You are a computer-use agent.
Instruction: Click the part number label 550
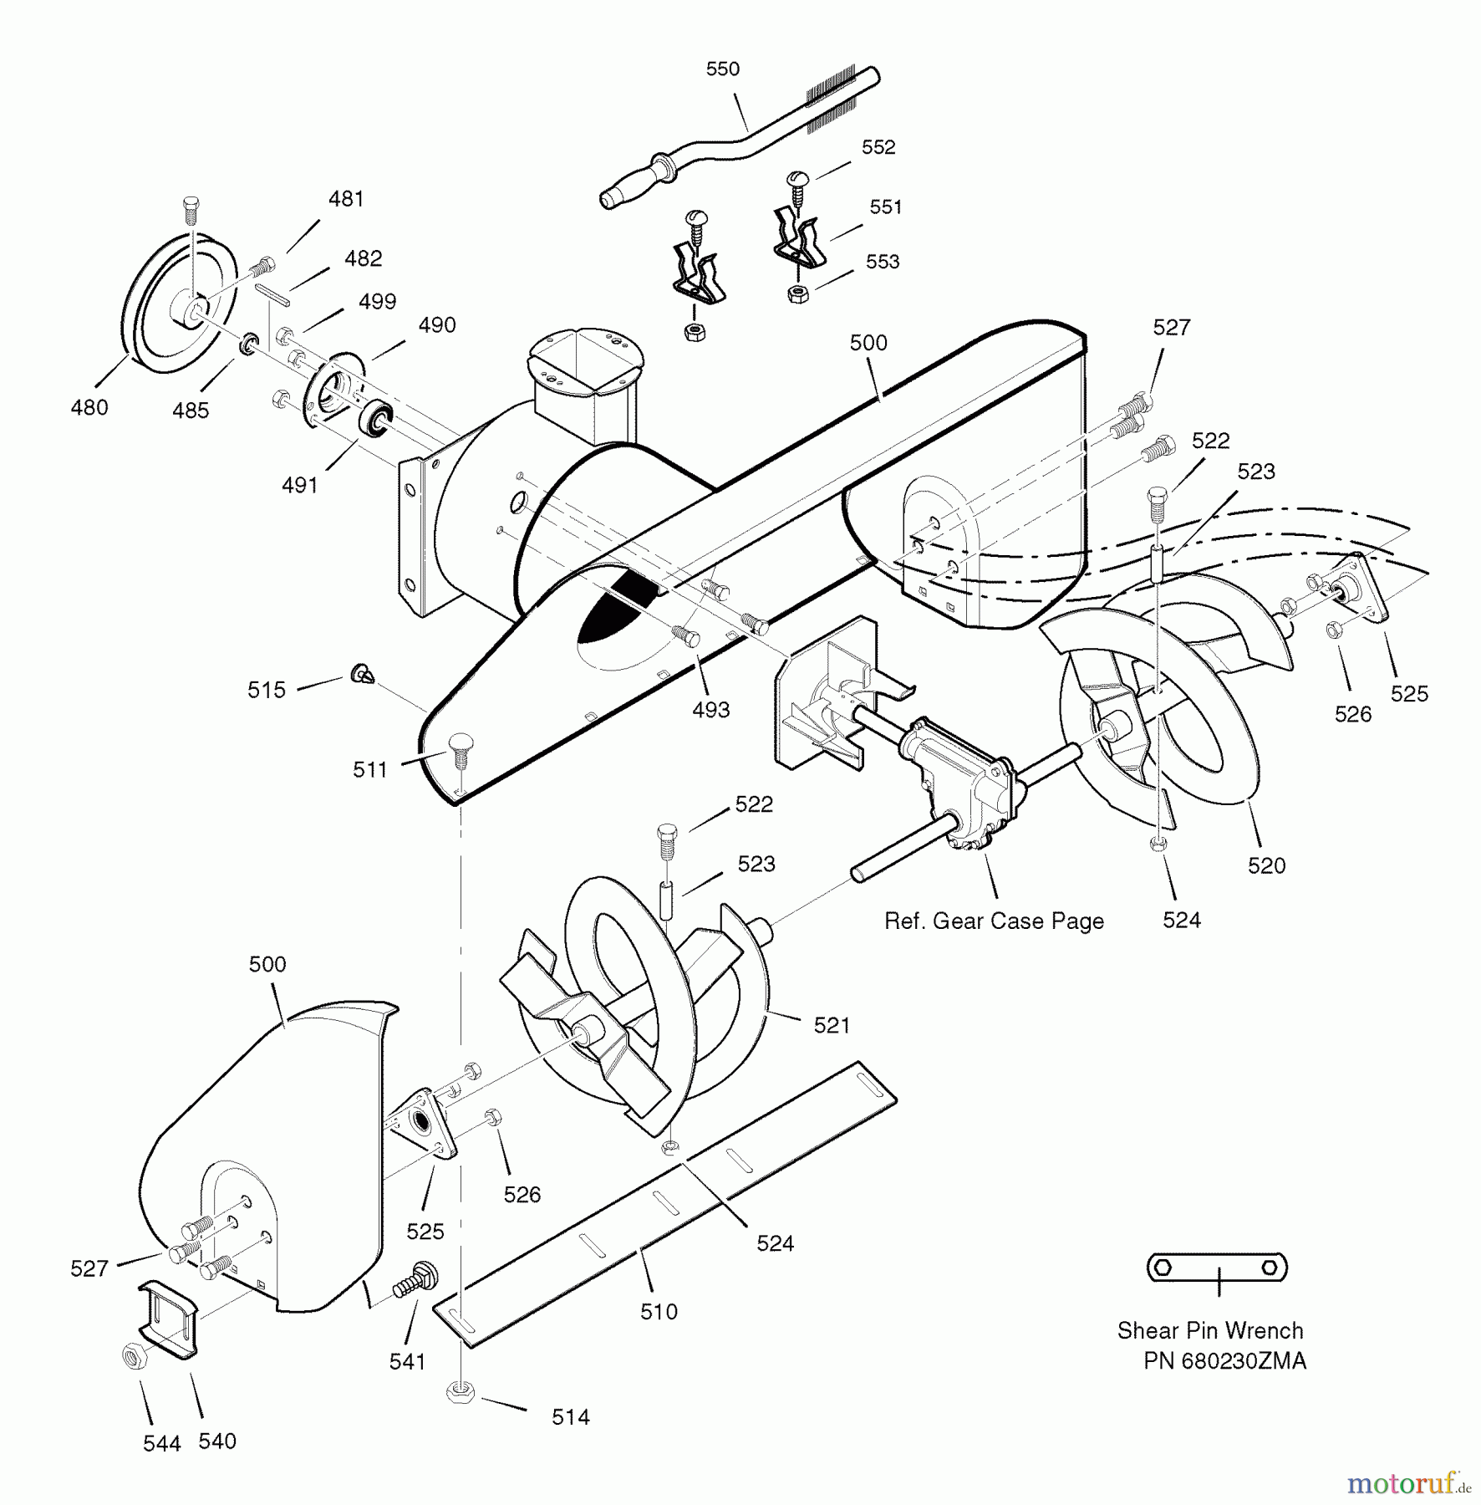722,69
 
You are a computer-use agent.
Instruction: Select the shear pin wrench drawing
1216,1268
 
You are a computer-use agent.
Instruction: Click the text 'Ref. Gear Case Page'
994,921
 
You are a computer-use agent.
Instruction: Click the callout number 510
659,1312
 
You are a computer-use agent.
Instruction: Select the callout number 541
407,1362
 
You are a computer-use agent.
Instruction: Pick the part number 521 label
832,1025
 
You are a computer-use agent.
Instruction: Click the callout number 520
1266,865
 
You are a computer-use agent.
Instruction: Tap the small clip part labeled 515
362,672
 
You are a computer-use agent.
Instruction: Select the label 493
711,710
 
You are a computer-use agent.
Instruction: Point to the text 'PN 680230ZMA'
1224,1361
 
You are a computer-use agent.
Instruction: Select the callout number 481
346,199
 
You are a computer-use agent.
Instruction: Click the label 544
161,1444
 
